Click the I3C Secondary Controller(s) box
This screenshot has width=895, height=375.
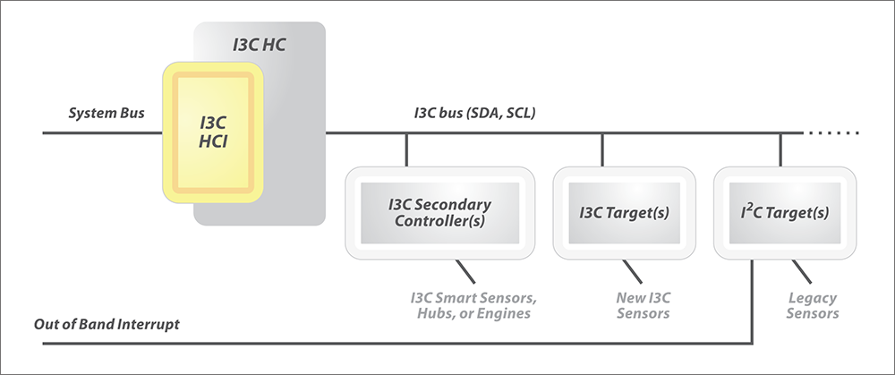click(439, 213)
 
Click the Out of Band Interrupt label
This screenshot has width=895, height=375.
click(107, 324)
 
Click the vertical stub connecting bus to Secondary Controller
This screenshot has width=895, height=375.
click(406, 149)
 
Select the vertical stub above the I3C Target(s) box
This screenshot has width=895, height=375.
click(602, 149)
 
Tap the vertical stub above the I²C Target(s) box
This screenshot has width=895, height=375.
click(780, 149)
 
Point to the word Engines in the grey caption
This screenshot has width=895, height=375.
click(506, 313)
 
